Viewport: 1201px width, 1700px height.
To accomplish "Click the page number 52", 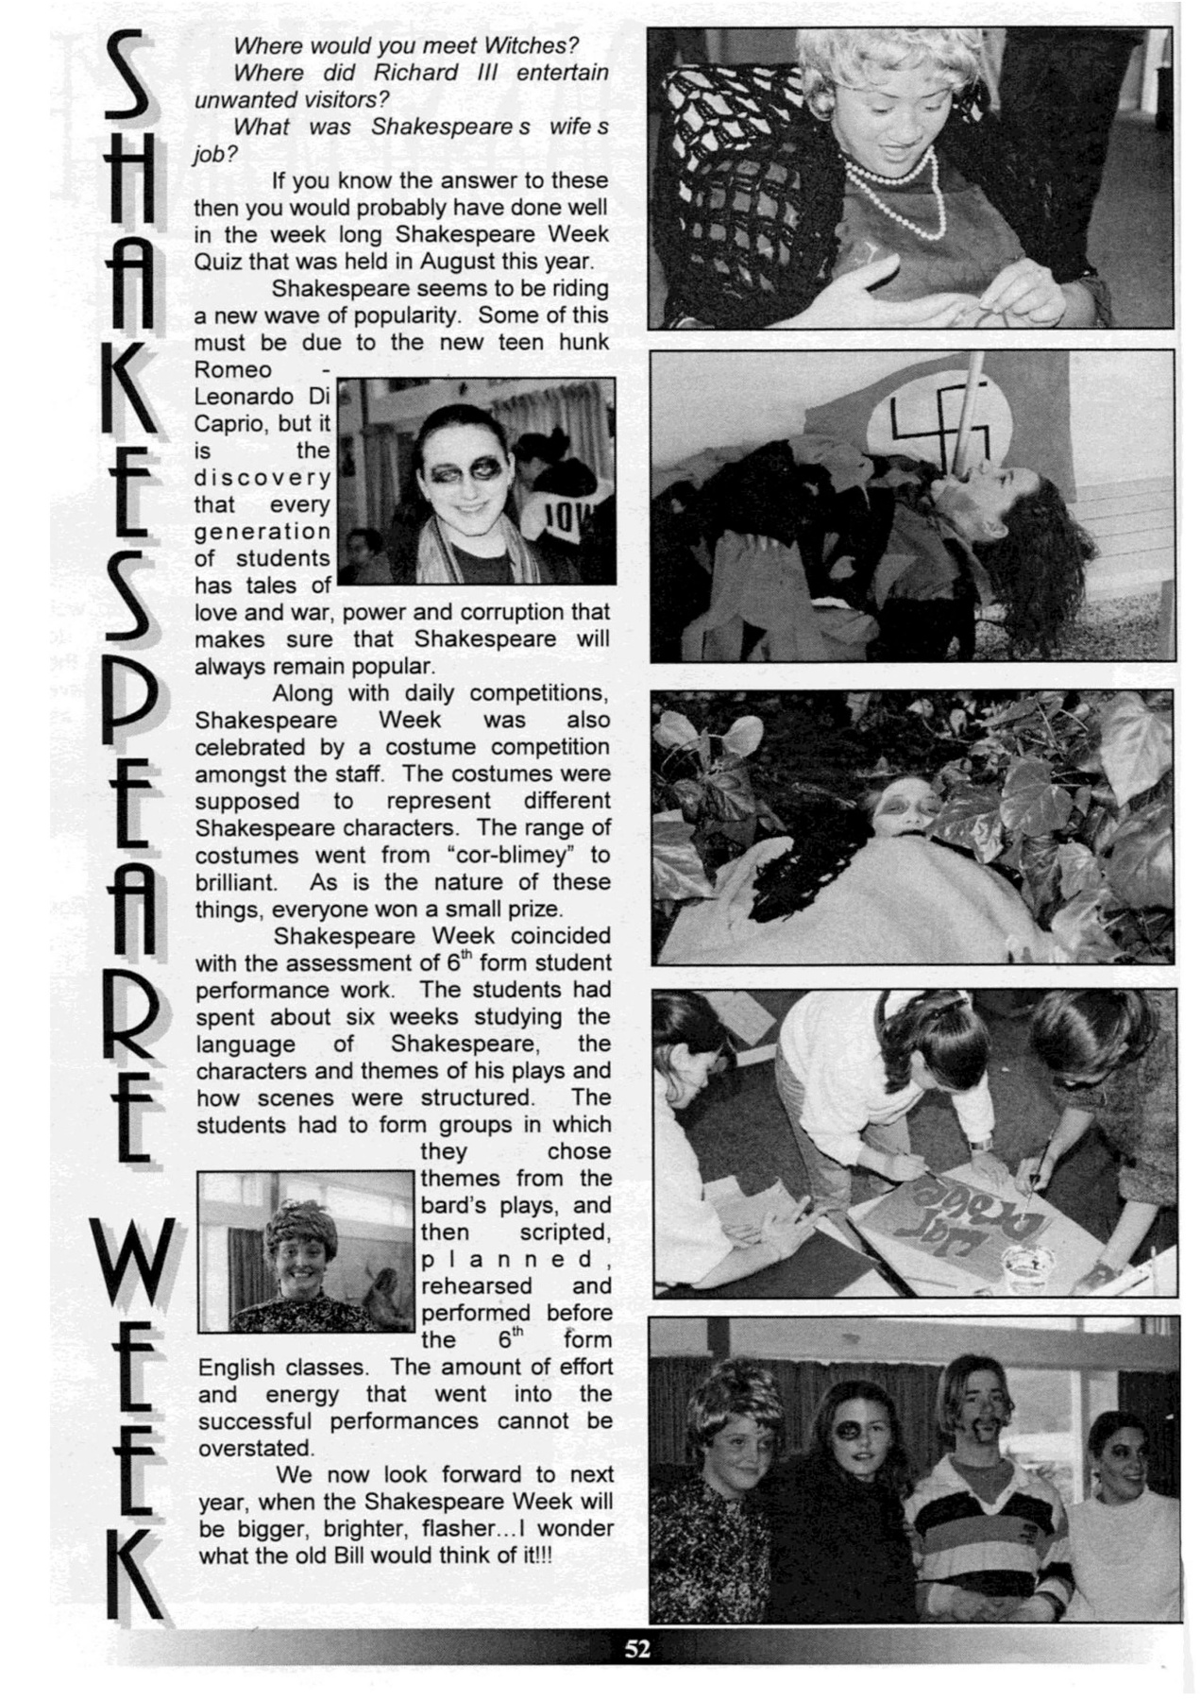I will pyautogui.click(x=636, y=1650).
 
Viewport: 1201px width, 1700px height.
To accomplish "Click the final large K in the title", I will pyautogui.click(x=138, y=1572).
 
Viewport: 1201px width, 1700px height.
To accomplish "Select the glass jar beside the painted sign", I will pyautogui.click(x=1029, y=1264).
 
